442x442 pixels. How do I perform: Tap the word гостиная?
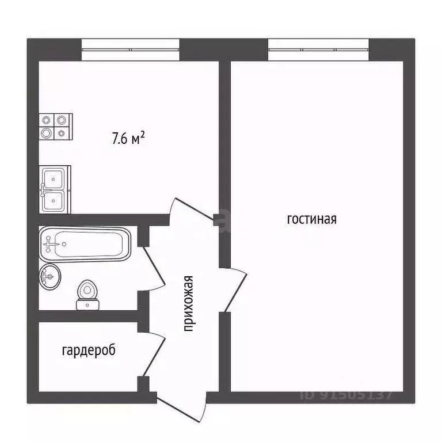(311, 219)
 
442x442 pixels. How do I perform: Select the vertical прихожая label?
(188, 304)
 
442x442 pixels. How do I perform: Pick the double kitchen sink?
(55, 189)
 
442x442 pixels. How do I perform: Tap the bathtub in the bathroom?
(85, 244)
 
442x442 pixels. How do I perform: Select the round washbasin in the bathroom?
(49, 278)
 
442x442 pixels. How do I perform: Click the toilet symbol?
(87, 295)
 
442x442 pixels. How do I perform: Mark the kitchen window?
(131, 49)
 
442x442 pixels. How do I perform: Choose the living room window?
(318, 49)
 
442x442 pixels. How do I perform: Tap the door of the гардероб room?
(153, 354)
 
